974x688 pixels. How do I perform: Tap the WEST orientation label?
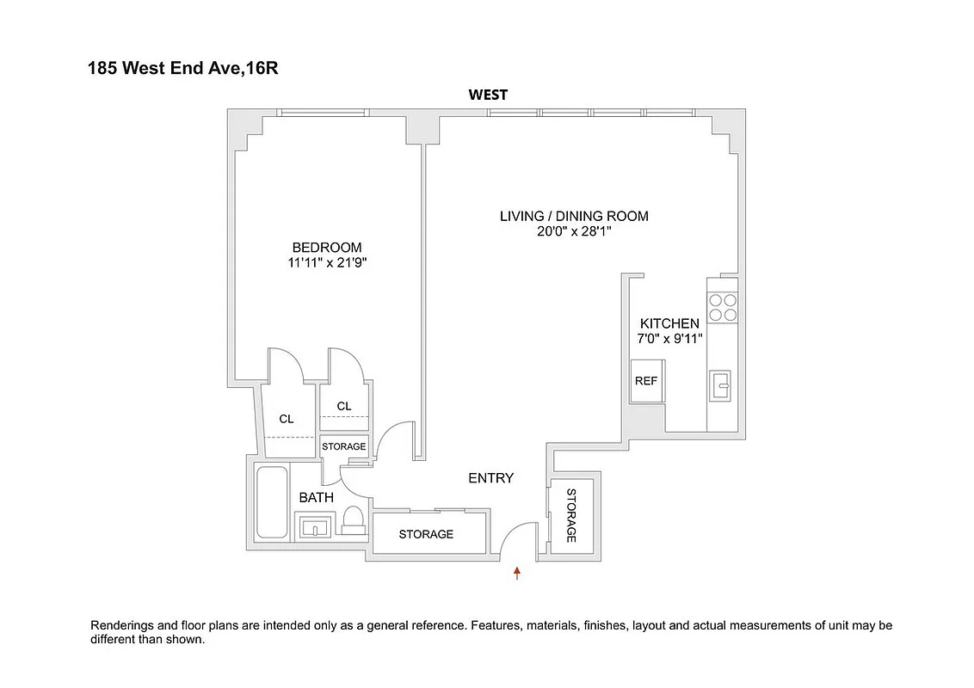[487, 95]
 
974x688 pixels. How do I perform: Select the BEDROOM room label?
[326, 247]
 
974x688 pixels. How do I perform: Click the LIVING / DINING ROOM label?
[574, 216]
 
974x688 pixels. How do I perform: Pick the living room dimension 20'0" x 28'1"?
[574, 231]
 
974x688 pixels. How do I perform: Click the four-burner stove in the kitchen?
[722, 307]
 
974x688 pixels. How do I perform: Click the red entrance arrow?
[517, 573]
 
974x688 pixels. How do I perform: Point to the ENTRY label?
[490, 478]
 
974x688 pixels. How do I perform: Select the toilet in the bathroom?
[353, 519]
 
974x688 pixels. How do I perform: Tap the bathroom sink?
[314, 525]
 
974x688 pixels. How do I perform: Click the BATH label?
[316, 497]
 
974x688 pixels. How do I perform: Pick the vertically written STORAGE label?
[570, 516]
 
